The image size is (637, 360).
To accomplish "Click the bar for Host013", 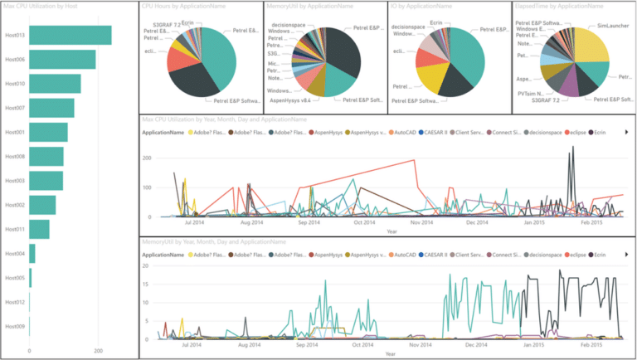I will click(x=71, y=35).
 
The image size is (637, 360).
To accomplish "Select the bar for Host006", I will click(x=62, y=60).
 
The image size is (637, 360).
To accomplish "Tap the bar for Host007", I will click(x=51, y=108).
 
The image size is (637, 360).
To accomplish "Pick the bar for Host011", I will click(x=39, y=228).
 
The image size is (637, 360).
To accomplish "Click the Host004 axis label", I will click(x=15, y=252).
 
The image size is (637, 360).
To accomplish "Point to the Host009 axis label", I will click(x=15, y=326).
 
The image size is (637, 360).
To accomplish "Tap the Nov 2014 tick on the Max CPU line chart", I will click(x=421, y=222).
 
